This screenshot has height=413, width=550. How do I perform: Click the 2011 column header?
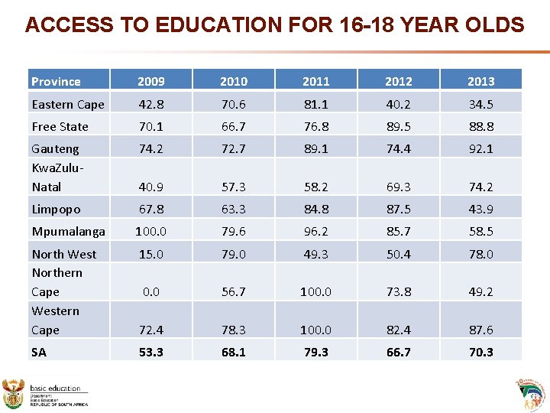point(315,81)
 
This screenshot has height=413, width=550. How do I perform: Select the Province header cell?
point(56,81)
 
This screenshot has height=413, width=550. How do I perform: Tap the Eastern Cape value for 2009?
point(150,104)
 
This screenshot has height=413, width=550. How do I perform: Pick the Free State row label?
point(60,126)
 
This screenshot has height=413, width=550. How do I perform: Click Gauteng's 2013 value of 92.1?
point(480,148)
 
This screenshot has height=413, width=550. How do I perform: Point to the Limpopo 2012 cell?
point(398,209)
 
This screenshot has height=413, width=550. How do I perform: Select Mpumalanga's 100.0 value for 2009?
point(150,231)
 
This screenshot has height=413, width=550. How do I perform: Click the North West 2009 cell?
point(150,254)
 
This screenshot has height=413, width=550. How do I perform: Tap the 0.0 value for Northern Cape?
point(150,291)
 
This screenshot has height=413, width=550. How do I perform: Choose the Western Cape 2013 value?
point(480,330)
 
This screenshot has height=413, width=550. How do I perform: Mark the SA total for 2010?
point(233,352)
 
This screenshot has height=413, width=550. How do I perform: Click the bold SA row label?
point(39,352)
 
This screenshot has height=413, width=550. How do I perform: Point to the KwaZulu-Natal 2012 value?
point(398,187)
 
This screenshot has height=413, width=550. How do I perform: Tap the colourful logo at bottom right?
point(531,393)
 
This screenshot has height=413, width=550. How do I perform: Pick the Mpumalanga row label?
point(68,231)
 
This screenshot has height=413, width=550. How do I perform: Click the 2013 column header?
point(480,81)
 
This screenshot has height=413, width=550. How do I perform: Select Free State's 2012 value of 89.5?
point(398,126)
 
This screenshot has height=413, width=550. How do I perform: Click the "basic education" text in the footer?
point(55,389)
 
